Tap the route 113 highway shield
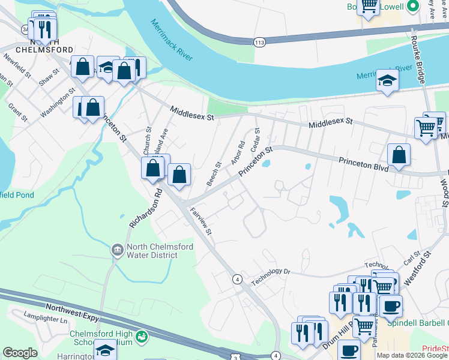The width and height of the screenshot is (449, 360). (x=259, y=42)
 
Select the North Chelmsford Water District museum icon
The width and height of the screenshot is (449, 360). (x=117, y=248)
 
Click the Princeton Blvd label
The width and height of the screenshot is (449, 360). (x=364, y=161)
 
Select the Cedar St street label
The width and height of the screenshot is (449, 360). (x=256, y=139)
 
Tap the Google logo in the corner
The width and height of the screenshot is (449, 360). (x=20, y=353)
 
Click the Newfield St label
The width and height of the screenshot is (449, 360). (x=17, y=65)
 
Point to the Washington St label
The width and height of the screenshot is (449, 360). (x=58, y=103)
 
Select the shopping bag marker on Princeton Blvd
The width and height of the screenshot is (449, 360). (x=399, y=156)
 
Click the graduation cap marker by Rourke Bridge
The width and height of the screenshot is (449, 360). (x=388, y=83)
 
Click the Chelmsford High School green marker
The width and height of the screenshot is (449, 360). (x=141, y=337)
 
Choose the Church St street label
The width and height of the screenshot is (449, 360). (x=147, y=139)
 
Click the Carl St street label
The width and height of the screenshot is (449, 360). (x=412, y=259)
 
